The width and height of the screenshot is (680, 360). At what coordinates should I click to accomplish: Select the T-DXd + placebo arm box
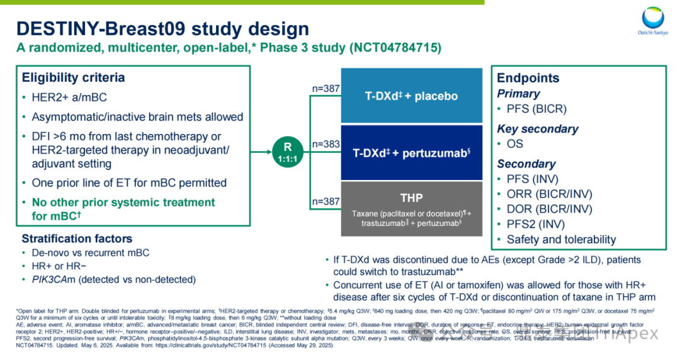[412, 96]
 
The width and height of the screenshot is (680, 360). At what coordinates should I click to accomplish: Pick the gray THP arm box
[412, 208]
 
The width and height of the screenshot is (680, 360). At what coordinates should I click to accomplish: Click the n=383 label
[326, 144]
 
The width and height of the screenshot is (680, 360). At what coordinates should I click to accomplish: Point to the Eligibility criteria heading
[73, 78]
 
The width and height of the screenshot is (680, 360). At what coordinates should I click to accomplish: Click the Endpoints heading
[528, 78]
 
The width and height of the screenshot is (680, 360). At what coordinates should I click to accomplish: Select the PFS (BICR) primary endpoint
[536, 109]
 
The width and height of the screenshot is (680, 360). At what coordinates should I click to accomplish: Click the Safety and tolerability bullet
[561, 239]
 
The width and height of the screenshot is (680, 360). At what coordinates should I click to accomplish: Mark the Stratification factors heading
[77, 239]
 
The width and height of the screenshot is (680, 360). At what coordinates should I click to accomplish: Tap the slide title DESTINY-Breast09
[162, 28]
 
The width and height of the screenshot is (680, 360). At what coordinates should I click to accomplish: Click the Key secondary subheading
[537, 128]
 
